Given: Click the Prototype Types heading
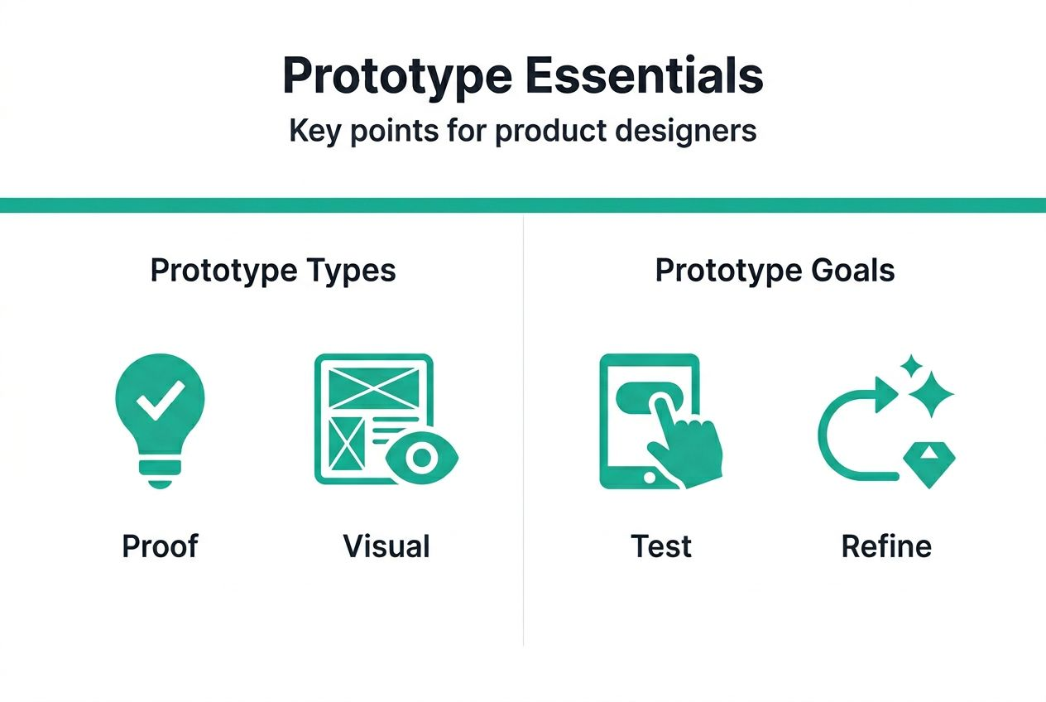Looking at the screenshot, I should click(x=272, y=271).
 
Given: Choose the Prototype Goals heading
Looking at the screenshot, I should click(x=775, y=271).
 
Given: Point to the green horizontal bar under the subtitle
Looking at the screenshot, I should click(x=523, y=205).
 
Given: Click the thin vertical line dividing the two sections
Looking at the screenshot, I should click(x=523, y=430).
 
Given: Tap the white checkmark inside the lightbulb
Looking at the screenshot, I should click(x=159, y=402).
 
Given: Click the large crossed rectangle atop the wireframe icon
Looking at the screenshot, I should click(x=372, y=387).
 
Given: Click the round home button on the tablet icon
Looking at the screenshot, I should click(x=649, y=478).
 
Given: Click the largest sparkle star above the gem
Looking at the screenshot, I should click(x=932, y=394).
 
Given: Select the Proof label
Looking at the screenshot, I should click(x=160, y=546).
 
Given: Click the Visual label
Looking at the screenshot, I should click(x=386, y=546).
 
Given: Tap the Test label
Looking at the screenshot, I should click(x=661, y=546).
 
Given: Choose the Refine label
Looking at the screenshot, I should click(x=886, y=546).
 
